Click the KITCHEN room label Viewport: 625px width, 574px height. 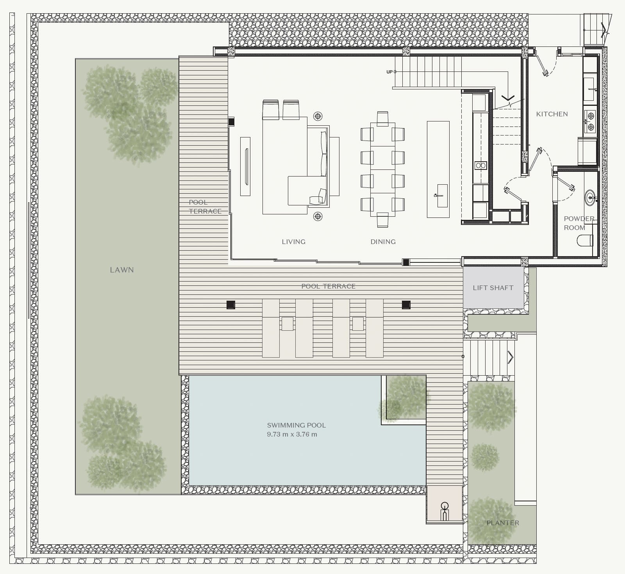(552, 114)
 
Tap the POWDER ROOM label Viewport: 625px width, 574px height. (579, 223)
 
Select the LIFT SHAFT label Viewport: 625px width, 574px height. (493, 288)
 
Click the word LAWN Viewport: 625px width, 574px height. (122, 270)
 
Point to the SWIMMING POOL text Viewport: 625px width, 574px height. (296, 425)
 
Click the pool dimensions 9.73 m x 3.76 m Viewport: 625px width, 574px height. (292, 434)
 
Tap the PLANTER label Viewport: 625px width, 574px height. (503, 523)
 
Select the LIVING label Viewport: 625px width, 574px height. (294, 242)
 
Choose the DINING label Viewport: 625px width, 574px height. (383, 242)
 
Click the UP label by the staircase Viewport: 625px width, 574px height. (389, 72)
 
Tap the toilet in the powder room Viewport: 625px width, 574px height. (585, 240)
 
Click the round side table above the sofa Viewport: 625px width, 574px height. (318, 116)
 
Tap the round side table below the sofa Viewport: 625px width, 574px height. (318, 216)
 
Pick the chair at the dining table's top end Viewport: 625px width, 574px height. (382, 119)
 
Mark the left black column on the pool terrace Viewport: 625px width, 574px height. (231, 305)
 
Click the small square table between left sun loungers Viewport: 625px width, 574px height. (287, 324)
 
